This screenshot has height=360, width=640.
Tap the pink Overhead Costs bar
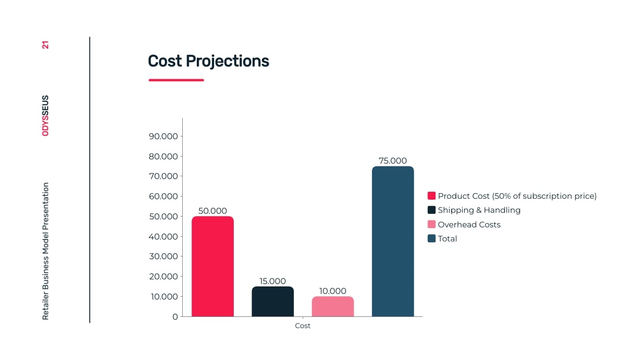(333, 307)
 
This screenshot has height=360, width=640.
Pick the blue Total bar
(393, 241)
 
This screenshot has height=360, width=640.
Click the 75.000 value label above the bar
(393, 161)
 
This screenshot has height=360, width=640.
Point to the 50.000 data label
(212, 211)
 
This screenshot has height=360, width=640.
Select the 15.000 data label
(273, 281)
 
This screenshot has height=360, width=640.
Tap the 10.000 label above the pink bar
(333, 291)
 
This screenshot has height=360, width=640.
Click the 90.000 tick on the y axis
(163, 136)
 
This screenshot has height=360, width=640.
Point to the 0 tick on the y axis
(175, 317)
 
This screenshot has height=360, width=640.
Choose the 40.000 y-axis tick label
(163, 237)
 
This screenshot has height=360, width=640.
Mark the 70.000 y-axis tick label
(163, 176)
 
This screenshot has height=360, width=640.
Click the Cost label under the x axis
(303, 326)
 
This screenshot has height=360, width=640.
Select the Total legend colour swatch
(432, 239)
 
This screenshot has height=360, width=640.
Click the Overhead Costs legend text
(469, 225)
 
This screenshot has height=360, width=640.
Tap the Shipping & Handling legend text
(479, 210)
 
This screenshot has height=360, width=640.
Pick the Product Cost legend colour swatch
(432, 196)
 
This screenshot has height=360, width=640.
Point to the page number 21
(45, 45)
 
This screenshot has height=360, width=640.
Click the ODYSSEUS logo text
(45, 116)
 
